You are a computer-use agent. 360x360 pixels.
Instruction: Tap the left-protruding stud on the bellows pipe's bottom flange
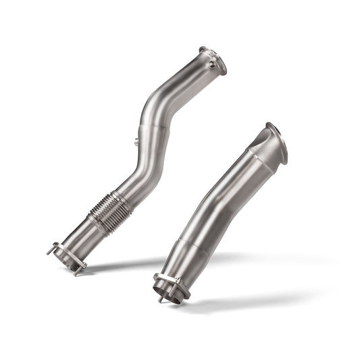click(x=51, y=250)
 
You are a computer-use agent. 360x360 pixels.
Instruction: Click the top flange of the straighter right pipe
click(x=277, y=143)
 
